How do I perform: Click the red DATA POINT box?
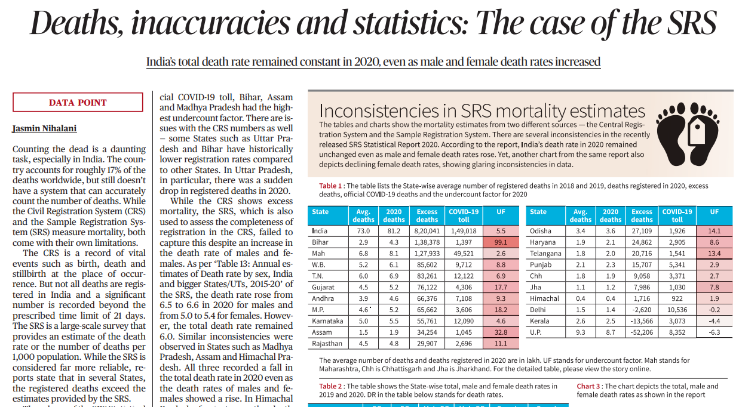(x=78, y=102)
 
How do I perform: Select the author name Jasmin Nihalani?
(x=44, y=128)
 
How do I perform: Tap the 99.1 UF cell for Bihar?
(x=501, y=242)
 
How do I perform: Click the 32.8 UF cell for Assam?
(x=501, y=332)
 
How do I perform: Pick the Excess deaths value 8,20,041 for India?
(x=427, y=231)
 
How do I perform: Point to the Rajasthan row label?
(x=327, y=343)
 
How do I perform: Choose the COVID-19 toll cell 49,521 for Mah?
(x=464, y=254)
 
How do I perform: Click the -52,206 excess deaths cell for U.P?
(x=642, y=332)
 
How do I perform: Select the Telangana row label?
(x=545, y=254)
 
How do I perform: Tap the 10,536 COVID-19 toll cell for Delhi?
(x=677, y=310)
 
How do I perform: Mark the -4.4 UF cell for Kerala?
(x=715, y=321)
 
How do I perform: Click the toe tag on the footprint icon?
(x=697, y=131)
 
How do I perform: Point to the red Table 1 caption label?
(x=330, y=186)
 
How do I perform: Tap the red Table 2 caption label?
(x=330, y=386)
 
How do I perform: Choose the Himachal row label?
(x=544, y=298)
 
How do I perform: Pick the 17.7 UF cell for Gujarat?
(x=501, y=288)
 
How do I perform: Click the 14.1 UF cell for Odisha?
(x=715, y=231)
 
